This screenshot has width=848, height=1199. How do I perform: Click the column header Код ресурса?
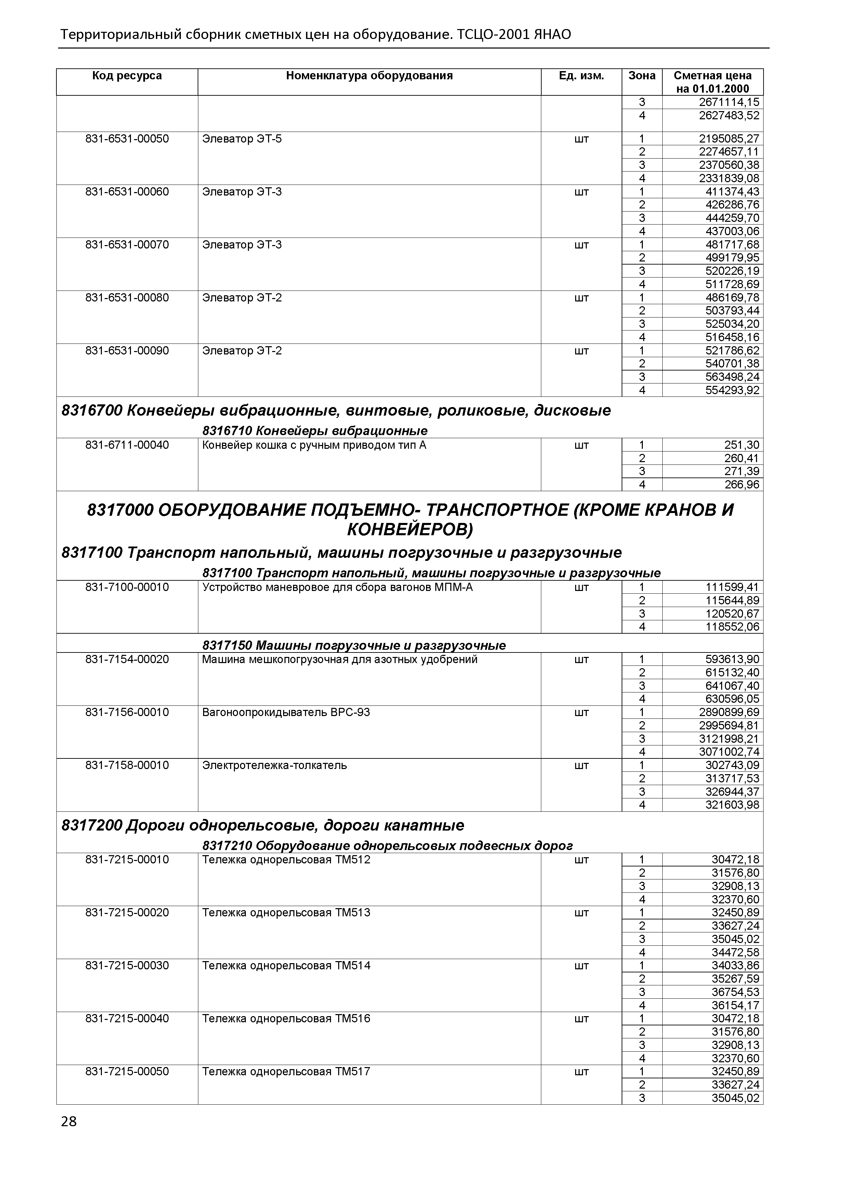coord(127,76)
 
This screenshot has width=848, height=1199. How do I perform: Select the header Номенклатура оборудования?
coord(369,76)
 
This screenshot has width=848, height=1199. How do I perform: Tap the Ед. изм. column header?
coord(581,76)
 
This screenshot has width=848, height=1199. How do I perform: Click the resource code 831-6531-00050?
coord(127,139)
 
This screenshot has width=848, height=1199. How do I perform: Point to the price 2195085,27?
coord(729,139)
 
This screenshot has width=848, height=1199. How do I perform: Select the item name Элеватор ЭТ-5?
coord(241,139)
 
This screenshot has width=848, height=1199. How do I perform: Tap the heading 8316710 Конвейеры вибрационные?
coord(315,431)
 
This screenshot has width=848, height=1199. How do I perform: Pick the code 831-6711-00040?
coord(127,445)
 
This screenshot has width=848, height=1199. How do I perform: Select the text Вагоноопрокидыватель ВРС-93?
coord(286,712)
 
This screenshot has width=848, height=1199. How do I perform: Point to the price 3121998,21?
coord(729,739)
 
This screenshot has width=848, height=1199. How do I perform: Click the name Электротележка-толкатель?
coord(274,766)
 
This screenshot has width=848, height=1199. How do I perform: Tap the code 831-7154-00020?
coord(127,660)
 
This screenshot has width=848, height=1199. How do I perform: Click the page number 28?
coord(68,1122)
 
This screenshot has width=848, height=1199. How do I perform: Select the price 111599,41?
coord(732,588)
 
